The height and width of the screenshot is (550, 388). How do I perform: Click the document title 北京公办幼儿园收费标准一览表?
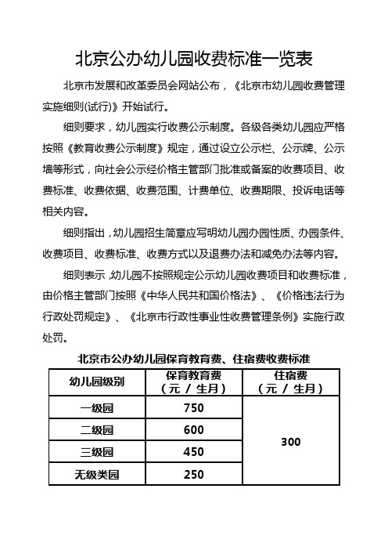pos(193,59)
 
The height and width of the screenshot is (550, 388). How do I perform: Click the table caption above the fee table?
pos(194,360)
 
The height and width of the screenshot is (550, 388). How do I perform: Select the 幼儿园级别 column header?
pos(97,382)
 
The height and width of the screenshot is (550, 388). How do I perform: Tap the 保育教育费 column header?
pos(192,382)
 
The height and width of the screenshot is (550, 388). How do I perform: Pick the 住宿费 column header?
pos(291,382)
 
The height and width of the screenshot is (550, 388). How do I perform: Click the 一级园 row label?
pos(97,408)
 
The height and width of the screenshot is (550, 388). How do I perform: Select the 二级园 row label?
pos(97,430)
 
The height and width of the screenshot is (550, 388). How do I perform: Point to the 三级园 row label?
pos(97,452)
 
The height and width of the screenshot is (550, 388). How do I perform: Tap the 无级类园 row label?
pos(97,474)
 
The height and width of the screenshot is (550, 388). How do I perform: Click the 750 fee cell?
pos(192,408)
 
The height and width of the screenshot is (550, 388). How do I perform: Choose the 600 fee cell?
pos(192,430)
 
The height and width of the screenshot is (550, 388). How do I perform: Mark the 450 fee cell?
pos(192,452)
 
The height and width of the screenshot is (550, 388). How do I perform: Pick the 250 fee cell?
pos(192,474)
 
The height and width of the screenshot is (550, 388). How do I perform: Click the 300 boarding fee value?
pos(291,442)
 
